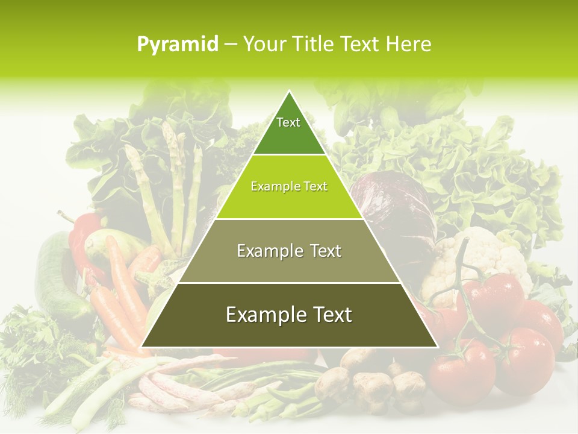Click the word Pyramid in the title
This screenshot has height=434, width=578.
pyautogui.click(x=177, y=45)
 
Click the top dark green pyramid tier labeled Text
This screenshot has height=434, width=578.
pyautogui.click(x=289, y=130)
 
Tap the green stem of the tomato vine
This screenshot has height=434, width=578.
pyautogui.click(x=461, y=283)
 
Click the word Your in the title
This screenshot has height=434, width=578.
pyautogui.click(x=263, y=45)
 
